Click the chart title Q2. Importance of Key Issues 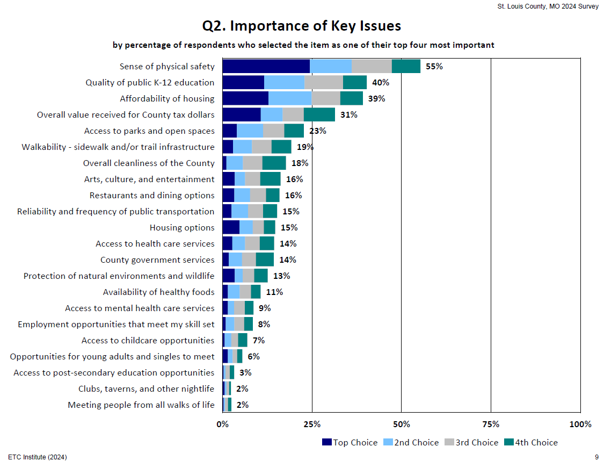point(301,26)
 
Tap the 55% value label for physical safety point(434,67)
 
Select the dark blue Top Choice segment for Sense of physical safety point(266,66)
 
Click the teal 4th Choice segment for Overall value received point(319,114)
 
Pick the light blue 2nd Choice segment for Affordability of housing point(290,98)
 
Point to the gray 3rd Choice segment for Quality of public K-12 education point(323,82)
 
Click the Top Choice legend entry point(350,443)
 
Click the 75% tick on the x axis point(491,424)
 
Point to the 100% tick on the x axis point(580,424)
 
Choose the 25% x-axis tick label point(312,424)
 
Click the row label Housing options point(182,228)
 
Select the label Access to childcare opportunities point(148,341)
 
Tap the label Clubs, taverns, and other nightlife point(146,389)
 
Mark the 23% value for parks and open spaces point(317,131)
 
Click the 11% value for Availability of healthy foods point(274,292)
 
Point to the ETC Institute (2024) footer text point(38,457)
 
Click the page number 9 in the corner point(596,457)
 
